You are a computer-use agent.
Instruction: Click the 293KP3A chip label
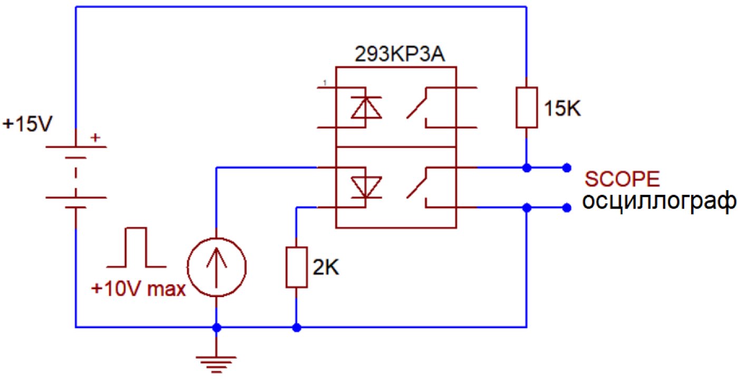(x=400, y=54)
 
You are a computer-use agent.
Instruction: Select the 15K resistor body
(x=527, y=107)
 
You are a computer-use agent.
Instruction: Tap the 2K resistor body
(x=296, y=267)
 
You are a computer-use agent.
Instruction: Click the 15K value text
(x=562, y=108)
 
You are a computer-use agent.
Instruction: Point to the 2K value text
(x=326, y=267)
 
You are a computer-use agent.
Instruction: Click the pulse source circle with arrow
(x=217, y=267)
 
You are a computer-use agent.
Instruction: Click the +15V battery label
(x=27, y=124)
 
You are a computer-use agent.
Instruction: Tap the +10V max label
(x=138, y=289)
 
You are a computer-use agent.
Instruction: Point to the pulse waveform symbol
(x=137, y=247)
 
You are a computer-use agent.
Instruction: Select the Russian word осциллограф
(x=659, y=201)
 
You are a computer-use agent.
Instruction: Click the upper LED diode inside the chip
(x=366, y=107)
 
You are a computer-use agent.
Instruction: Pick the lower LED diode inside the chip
(x=366, y=187)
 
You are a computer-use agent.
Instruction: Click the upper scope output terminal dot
(x=566, y=168)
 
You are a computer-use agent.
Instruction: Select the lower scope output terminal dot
(x=566, y=208)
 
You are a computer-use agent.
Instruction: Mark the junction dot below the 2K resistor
(x=296, y=328)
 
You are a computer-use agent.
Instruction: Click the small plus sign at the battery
(x=95, y=137)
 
